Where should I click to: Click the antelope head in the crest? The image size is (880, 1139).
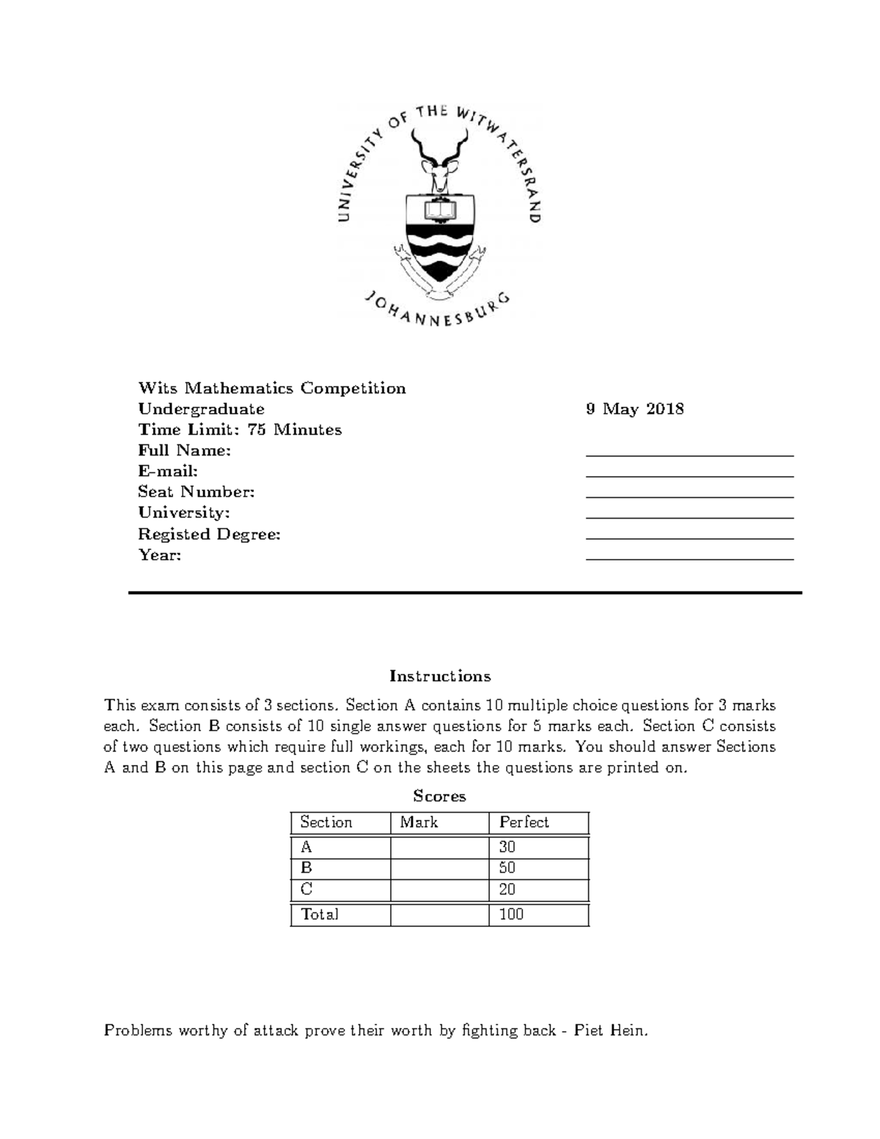[440, 175]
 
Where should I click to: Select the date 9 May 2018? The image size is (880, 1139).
[634, 409]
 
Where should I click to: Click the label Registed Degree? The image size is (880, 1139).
[209, 534]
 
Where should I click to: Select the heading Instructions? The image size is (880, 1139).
[439, 675]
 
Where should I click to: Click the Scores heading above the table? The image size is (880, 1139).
[439, 796]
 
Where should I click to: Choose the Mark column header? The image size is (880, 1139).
[419, 822]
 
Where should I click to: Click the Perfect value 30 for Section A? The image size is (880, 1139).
[507, 847]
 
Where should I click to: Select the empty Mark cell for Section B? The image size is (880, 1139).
[439, 868]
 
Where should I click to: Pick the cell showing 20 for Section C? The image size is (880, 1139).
[507, 890]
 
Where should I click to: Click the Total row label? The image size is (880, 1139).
[320, 915]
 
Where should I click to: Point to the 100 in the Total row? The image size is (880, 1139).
[511, 915]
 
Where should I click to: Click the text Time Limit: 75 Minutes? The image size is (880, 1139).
[240, 430]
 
